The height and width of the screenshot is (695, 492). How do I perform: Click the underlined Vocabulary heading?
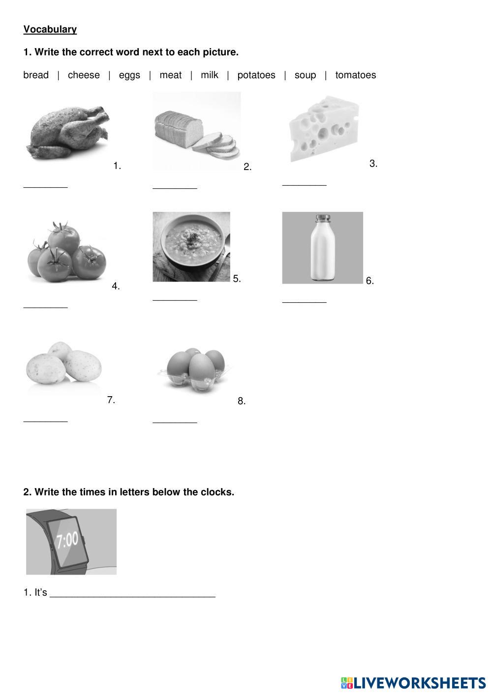click(50, 29)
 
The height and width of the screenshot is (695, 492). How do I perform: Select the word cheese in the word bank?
click(84, 75)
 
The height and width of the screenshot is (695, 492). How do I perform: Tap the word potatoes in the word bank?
click(256, 75)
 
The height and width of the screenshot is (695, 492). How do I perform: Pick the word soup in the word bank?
click(305, 75)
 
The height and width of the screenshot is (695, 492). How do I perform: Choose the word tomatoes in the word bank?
click(356, 75)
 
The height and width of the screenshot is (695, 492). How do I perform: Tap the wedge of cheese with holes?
click(324, 128)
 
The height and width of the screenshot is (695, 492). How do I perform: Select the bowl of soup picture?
click(191, 247)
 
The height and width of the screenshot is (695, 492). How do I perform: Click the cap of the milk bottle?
click(323, 217)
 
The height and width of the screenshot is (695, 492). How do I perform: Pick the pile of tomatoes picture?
click(67, 252)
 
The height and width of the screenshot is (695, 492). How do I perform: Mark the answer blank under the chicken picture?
click(45, 187)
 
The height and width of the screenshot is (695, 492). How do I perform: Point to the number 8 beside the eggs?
click(242, 401)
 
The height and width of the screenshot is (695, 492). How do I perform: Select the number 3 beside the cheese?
click(373, 164)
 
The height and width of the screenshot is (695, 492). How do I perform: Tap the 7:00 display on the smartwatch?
click(67, 540)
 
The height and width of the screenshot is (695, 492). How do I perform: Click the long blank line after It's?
click(133, 596)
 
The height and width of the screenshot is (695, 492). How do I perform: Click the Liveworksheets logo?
click(413, 683)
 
